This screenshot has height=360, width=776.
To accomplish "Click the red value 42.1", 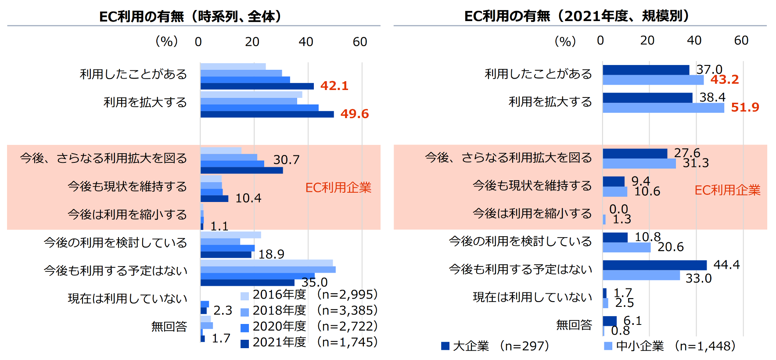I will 334,86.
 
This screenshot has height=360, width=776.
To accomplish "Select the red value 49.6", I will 354,114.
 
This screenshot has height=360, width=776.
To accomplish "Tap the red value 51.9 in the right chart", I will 745,107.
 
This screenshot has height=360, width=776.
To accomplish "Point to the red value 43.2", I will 724,79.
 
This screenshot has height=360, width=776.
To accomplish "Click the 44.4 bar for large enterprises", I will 654,265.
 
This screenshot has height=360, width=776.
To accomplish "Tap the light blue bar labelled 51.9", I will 663,108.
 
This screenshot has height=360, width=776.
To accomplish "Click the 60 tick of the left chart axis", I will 360,42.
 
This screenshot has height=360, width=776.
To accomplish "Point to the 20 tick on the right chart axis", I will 647,40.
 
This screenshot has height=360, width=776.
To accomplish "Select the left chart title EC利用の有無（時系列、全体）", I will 190,16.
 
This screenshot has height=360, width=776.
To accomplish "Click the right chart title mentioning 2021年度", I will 576,16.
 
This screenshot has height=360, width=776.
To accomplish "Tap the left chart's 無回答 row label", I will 169,326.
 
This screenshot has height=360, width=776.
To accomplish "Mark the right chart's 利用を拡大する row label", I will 550,102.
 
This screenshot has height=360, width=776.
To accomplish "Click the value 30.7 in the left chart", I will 286,159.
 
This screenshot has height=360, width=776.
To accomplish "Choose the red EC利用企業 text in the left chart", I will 338,187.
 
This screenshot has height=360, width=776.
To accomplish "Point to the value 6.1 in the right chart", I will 632,321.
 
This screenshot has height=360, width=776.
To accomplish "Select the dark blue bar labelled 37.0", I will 646,70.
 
